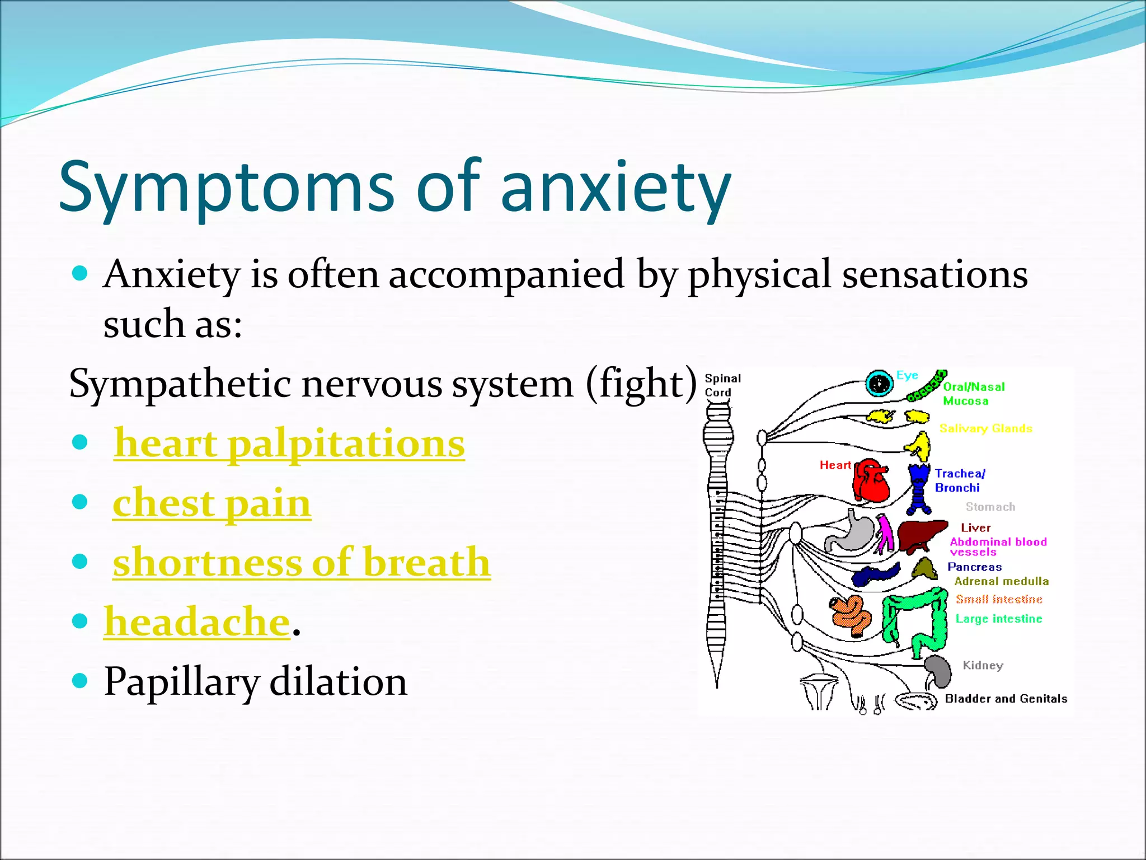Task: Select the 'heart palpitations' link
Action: [x=289, y=443]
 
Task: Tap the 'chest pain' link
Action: [x=212, y=503]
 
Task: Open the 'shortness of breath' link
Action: [x=302, y=562]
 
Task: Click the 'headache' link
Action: [x=197, y=621]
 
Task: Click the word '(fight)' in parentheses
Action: [x=641, y=384]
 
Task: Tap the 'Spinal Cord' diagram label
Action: [x=722, y=385]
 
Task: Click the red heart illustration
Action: [x=871, y=481]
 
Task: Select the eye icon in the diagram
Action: [x=879, y=384]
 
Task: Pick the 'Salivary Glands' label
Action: [x=985, y=429]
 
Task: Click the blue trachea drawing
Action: [x=919, y=488]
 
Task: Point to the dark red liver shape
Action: [x=920, y=534]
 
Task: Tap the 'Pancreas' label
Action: [x=974, y=567]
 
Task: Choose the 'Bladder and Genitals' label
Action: [x=1006, y=699]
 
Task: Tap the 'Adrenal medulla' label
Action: [x=1001, y=582]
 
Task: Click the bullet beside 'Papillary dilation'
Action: [x=81, y=681]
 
